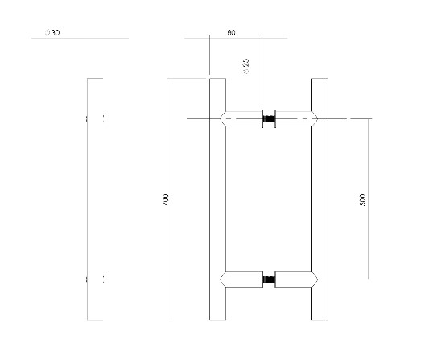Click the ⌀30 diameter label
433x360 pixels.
(52, 33)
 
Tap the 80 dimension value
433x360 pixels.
(231, 33)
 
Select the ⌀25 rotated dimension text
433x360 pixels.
(245, 66)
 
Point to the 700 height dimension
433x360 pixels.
(166, 201)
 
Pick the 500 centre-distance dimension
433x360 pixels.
(362, 200)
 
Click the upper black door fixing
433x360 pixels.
(268, 119)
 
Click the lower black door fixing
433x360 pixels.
(268, 280)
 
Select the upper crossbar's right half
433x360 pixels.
(293, 119)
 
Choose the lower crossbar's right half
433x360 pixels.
(293, 280)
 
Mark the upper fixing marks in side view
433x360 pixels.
(95, 119)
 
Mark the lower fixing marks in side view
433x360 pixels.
(95, 280)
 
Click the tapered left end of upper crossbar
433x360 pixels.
(224, 119)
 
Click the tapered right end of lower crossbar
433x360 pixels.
(314, 280)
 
